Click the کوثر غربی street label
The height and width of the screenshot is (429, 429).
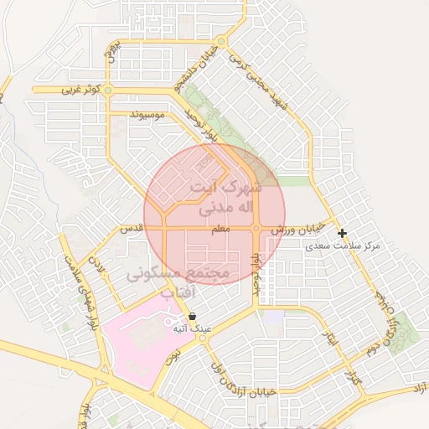(81, 89)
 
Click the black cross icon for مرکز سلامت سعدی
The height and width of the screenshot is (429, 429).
(342, 233)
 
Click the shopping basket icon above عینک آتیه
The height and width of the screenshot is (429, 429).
(194, 317)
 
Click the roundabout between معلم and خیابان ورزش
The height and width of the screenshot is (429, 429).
(256, 228)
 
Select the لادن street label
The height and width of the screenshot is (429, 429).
(101, 267)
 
